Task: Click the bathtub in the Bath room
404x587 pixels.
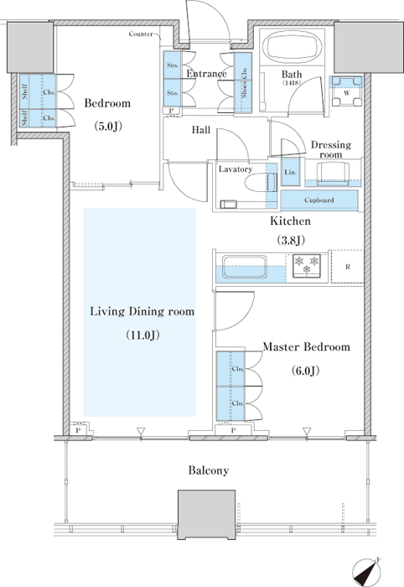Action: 293,47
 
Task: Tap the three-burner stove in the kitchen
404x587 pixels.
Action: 307,266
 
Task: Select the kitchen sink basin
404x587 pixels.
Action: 244,266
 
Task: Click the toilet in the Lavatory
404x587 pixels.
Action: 261,183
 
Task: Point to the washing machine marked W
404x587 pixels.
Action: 347,91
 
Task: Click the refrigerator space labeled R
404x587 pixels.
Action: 348,267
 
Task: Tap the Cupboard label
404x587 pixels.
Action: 319,200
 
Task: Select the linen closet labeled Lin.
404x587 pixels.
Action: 290,172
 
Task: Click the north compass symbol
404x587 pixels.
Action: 367,572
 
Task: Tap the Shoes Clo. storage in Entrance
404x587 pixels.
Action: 243,83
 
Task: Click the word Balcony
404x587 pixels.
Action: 209,470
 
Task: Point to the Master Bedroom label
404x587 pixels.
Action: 307,346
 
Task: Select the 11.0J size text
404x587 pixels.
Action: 142,335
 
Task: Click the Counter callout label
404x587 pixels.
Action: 141,34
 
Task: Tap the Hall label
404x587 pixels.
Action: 201,130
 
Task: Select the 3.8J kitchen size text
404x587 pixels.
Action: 291,240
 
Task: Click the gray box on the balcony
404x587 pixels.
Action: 206,515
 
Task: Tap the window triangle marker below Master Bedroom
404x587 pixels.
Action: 307,431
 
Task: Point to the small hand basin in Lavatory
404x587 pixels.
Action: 228,205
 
